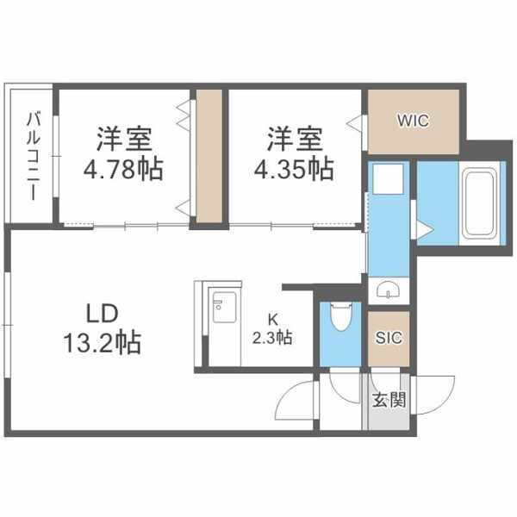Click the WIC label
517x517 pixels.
click(x=412, y=120)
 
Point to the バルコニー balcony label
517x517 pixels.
click(x=30, y=155)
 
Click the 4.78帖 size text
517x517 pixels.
click(x=124, y=170)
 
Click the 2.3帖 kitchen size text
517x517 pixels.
click(x=272, y=339)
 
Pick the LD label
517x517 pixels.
click(x=101, y=313)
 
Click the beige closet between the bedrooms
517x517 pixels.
click(x=208, y=155)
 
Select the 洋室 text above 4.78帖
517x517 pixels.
click(x=124, y=138)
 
